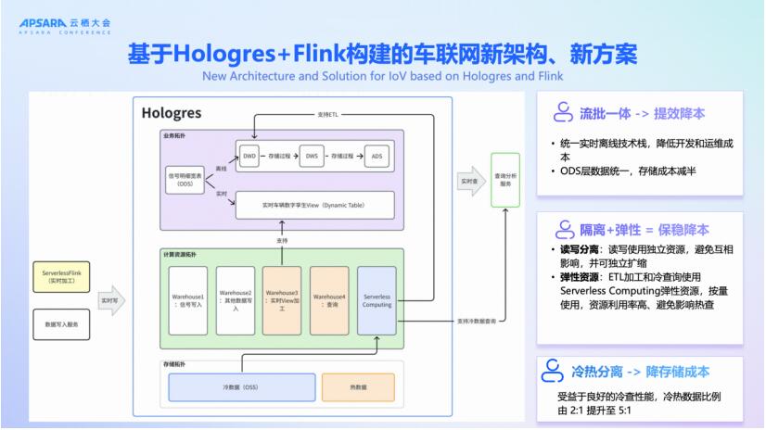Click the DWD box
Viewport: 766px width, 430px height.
coord(249,157)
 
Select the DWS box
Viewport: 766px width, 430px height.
coord(313,157)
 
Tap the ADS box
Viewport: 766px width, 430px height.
coord(377,157)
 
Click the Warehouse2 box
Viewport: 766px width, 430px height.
coord(236,299)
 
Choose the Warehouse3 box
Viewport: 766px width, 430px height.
coord(282,299)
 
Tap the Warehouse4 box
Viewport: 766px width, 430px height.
coord(328,299)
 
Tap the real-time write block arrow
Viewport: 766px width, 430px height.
coord(109,300)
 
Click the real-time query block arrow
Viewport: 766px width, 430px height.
coord(470,182)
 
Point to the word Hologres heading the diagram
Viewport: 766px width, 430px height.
coord(172,112)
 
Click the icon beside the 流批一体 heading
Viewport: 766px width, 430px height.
coord(562,113)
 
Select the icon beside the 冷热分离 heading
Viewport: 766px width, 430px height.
coord(562,372)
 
